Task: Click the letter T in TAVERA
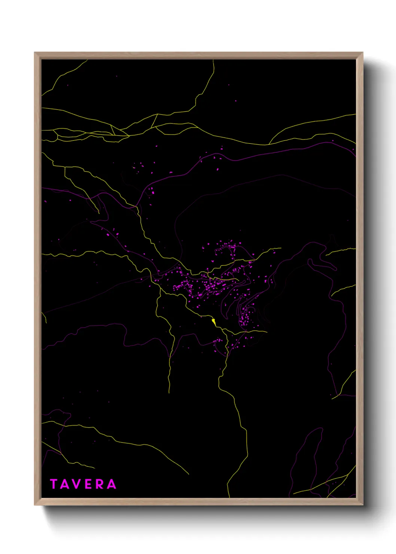pos(54,484)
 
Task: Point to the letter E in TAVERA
pos(88,484)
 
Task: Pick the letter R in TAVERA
pos(99,484)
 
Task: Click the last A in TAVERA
pos(111,484)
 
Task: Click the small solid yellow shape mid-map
pos(213,321)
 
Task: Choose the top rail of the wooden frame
pos(198,55)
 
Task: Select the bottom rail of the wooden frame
pos(198,502)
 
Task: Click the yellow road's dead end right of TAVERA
pos(189,474)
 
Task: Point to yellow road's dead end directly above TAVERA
pos(94,468)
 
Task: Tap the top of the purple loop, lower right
pos(320,429)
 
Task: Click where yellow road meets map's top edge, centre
pos(214,60)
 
